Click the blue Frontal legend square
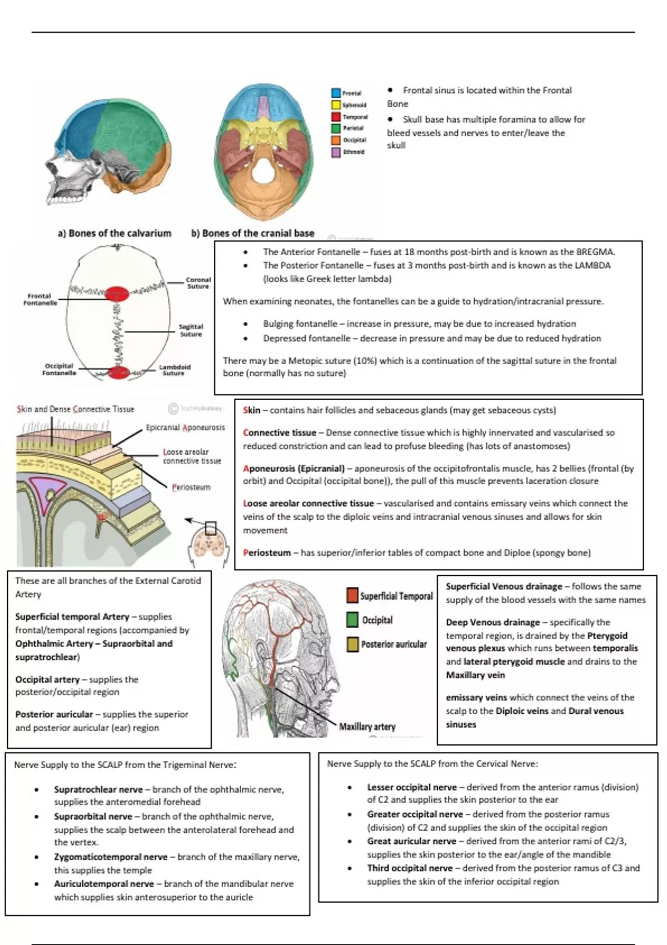pyautogui.click(x=336, y=93)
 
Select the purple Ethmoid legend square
pyautogui.click(x=336, y=152)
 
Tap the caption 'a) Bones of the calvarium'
pyautogui.click(x=115, y=233)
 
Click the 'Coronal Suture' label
pyautogui.click(x=198, y=283)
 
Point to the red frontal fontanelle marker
pyautogui.click(x=117, y=294)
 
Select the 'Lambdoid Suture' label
pyautogui.click(x=175, y=370)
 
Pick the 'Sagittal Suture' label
pyautogui.click(x=191, y=330)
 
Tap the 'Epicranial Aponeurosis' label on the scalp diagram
pyautogui.click(x=185, y=427)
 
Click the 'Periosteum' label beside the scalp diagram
pyautogui.click(x=191, y=488)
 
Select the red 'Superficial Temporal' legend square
pyautogui.click(x=352, y=595)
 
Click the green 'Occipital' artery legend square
pyautogui.click(x=352, y=620)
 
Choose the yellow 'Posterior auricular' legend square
pyautogui.click(x=352, y=644)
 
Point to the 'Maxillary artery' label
pyautogui.click(x=367, y=727)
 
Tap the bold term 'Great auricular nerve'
pyautogui.click(x=411, y=841)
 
